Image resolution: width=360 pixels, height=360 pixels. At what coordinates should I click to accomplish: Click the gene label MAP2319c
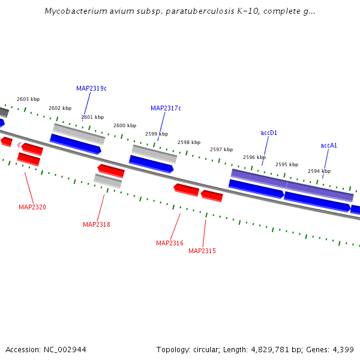point(91,88)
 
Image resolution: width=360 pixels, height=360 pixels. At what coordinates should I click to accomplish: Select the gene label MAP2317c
point(166,108)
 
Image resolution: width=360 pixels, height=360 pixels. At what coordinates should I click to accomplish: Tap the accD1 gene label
point(269,133)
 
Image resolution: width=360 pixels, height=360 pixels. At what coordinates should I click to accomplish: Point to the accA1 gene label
point(329,145)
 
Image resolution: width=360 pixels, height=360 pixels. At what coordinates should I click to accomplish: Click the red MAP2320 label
point(32,207)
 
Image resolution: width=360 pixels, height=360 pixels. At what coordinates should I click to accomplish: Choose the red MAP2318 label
point(97,224)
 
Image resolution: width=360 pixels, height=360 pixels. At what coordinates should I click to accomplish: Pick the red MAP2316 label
point(170,243)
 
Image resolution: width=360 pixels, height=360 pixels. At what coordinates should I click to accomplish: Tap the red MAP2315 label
point(202,251)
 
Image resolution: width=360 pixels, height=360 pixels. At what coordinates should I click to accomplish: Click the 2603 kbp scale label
point(28,99)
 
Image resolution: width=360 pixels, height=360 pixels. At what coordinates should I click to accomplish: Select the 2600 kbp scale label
point(125,125)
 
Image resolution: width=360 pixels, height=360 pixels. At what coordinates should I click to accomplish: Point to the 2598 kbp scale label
point(189,142)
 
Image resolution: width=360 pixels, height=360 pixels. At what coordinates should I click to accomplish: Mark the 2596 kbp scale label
point(254,157)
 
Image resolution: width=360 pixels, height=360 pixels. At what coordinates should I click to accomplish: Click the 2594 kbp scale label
point(319,171)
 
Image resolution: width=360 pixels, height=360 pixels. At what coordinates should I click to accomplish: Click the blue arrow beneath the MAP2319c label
point(76,144)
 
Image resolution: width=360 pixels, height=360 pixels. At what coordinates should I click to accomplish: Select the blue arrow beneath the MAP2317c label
point(151,164)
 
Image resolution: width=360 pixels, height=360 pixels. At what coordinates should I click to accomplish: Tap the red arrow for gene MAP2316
point(187,190)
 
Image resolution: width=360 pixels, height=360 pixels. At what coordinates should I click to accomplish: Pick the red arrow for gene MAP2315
point(212,196)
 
